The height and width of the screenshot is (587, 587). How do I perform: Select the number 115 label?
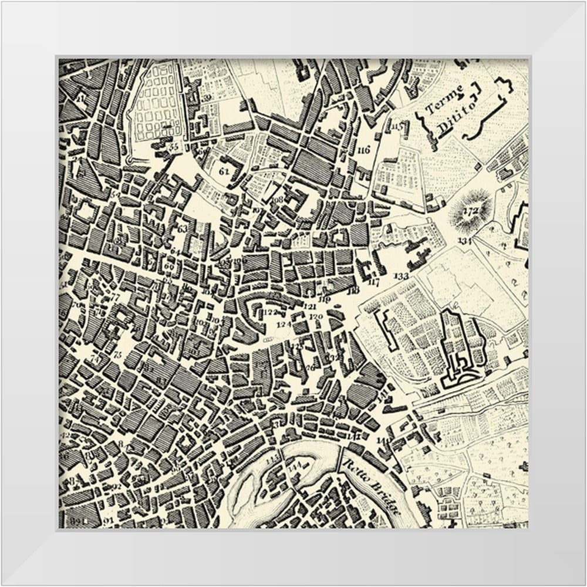[398, 126]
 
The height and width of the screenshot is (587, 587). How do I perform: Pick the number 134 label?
[465, 241]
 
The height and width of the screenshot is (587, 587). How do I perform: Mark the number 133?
[402, 275]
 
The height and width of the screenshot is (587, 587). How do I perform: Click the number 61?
[223, 171]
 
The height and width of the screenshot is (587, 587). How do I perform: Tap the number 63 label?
[182, 228]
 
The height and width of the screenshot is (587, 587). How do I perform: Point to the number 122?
[270, 312]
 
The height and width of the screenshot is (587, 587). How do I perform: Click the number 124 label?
[284, 324]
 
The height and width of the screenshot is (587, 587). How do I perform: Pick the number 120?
[316, 317]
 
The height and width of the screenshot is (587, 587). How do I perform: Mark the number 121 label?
[310, 306]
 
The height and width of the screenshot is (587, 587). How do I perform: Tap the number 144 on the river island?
[294, 468]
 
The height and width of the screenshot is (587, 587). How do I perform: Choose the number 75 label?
[117, 355]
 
